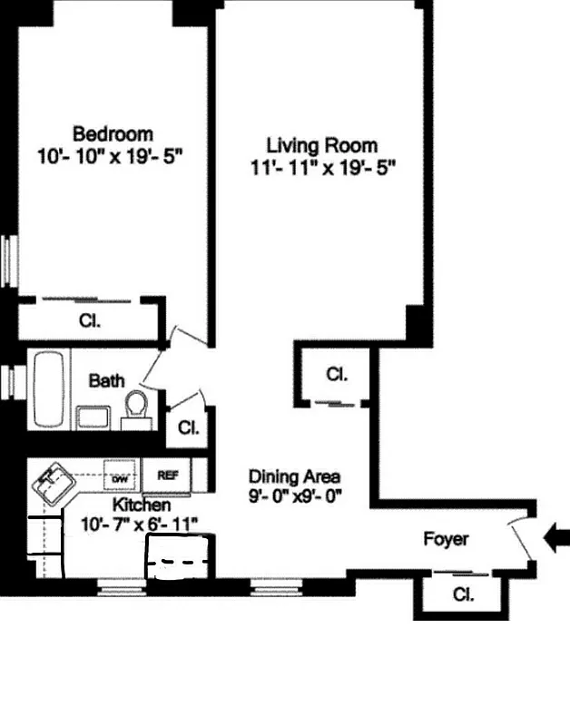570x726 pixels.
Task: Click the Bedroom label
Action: click(x=113, y=133)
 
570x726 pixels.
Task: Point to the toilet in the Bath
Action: click(x=136, y=406)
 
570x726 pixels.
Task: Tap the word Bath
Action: click(x=106, y=381)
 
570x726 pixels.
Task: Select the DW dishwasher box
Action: click(x=118, y=475)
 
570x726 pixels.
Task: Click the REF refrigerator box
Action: click(x=168, y=475)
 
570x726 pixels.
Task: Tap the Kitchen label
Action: click(x=141, y=505)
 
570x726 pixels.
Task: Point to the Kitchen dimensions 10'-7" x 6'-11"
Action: click(x=140, y=524)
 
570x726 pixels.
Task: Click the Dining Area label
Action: click(x=295, y=476)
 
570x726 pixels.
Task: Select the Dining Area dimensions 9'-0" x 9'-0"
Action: click(x=295, y=496)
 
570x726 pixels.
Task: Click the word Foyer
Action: click(x=447, y=539)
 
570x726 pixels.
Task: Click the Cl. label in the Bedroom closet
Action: click(x=89, y=320)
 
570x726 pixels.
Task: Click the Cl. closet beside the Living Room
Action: click(x=336, y=373)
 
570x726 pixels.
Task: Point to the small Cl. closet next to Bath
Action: click(x=188, y=427)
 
